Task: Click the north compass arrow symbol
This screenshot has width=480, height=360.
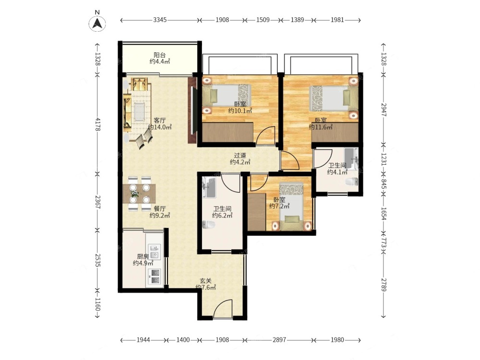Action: [x=97, y=23]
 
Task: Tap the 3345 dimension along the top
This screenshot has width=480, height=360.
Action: [x=160, y=20]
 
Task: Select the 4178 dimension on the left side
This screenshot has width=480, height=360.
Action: [x=97, y=124]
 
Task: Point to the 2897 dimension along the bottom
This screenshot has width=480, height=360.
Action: [x=279, y=340]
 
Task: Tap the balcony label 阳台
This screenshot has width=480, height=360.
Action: [x=160, y=55]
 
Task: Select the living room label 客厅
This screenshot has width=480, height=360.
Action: [x=160, y=120]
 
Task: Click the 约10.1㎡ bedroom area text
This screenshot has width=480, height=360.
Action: [x=240, y=111]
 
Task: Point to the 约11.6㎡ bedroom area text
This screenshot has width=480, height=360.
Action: [x=321, y=127]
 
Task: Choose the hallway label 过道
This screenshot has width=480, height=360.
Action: [x=240, y=156]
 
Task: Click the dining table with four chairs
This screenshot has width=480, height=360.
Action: [x=139, y=194]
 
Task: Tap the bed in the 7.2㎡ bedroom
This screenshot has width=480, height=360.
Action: [x=291, y=206]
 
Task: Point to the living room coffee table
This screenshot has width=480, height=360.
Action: [x=139, y=112]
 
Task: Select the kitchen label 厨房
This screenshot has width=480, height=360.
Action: [x=143, y=257]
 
